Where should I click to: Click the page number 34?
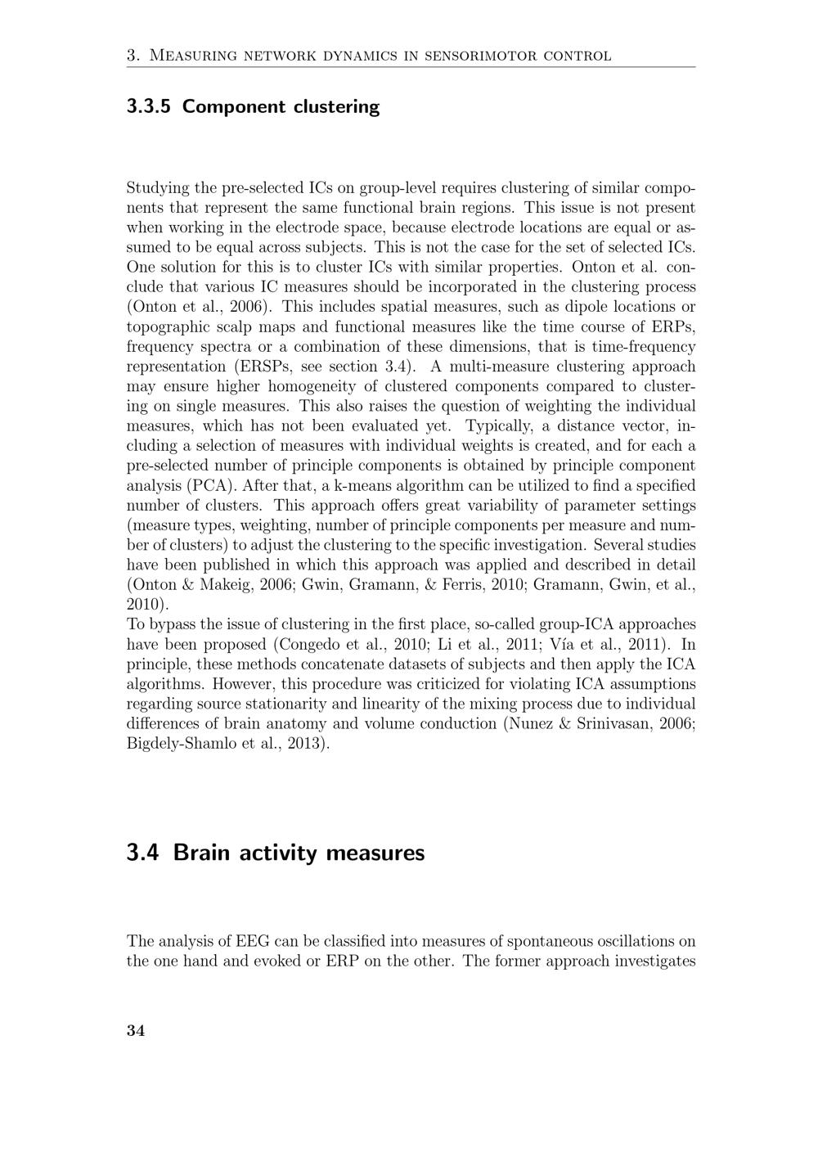pyautogui.click(x=136, y=1031)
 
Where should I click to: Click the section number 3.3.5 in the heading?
pyautogui.click(x=149, y=106)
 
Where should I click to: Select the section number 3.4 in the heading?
pyautogui.click(x=144, y=853)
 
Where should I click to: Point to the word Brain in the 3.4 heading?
pyautogui.click(x=204, y=853)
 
